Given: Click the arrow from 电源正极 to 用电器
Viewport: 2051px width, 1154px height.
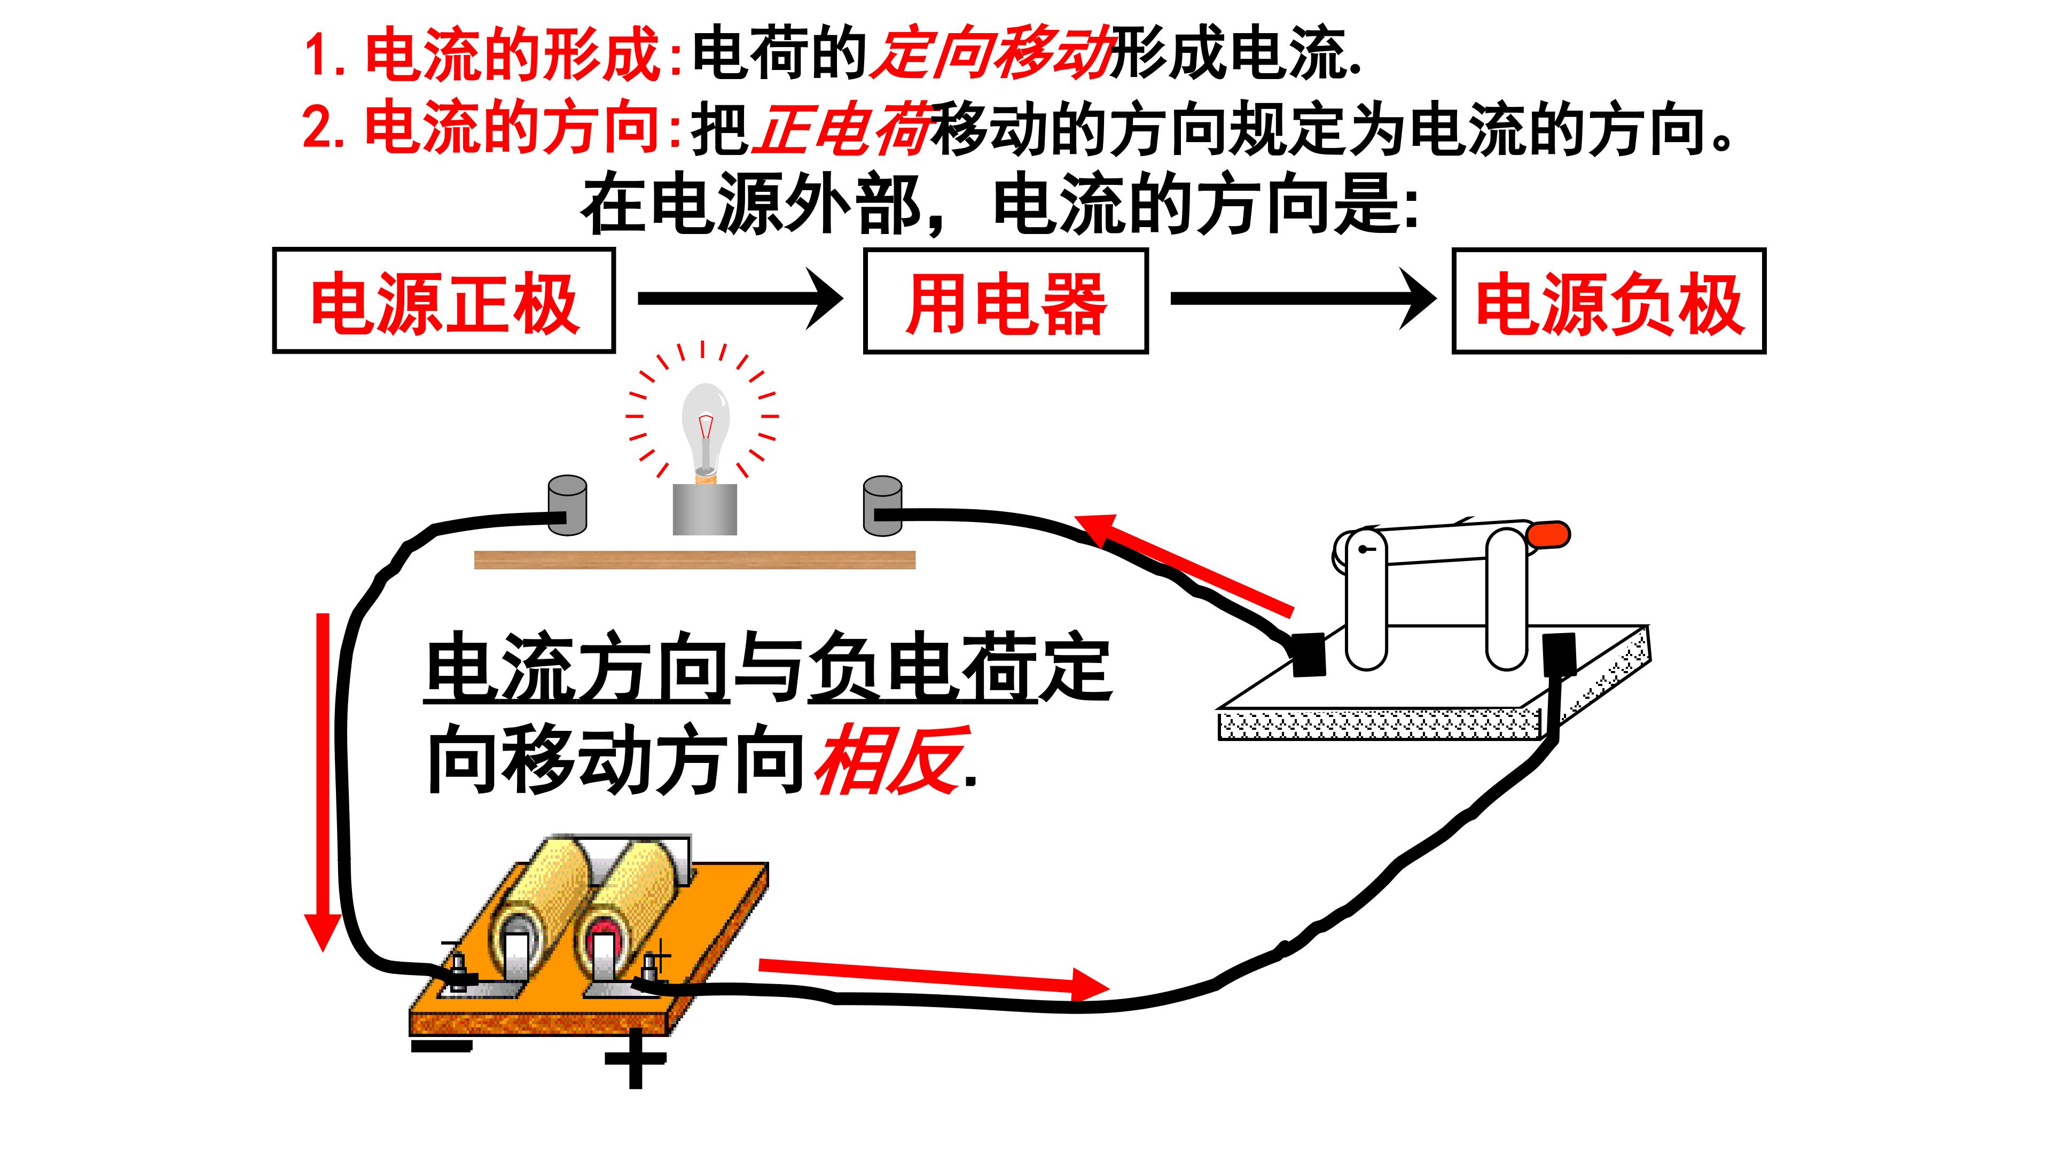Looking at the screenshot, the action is (x=740, y=298).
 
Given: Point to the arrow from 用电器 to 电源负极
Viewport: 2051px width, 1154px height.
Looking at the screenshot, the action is (x=1303, y=298).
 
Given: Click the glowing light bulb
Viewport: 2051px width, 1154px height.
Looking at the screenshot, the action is (x=704, y=433).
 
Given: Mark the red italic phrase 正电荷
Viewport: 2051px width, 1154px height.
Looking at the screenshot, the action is (x=842, y=129).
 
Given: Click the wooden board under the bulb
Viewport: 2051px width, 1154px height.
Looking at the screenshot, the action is (x=695, y=560).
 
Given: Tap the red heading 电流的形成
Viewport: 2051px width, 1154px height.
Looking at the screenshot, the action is (x=513, y=54).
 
